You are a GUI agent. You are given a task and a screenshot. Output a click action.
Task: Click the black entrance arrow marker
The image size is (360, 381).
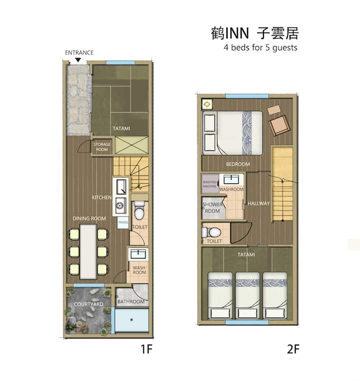(77, 60)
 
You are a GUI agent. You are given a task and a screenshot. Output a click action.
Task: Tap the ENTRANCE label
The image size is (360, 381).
(79, 52)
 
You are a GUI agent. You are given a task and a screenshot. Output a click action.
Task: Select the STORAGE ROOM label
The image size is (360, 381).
(102, 147)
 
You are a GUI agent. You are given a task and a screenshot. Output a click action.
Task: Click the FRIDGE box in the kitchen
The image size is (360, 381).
(123, 222)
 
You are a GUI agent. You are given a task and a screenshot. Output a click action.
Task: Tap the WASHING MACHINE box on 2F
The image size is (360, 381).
(210, 184)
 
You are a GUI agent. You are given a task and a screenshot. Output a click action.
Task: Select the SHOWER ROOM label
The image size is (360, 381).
(212, 208)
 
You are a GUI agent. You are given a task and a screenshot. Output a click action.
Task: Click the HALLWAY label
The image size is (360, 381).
(258, 203)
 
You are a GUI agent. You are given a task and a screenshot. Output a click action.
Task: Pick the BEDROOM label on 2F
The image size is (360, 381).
(238, 164)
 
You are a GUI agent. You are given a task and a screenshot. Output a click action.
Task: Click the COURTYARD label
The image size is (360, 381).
(88, 304)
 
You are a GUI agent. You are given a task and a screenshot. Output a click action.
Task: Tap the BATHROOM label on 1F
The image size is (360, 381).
(131, 302)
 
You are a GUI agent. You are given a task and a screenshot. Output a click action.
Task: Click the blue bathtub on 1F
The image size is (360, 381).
(131, 320)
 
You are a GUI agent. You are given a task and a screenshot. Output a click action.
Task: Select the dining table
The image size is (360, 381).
(88, 251)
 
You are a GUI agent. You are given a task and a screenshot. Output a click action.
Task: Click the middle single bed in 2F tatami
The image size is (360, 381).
(247, 295)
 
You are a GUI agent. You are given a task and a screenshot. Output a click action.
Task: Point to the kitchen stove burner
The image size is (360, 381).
(120, 205)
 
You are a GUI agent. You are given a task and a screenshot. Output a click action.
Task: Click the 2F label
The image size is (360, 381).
(293, 349)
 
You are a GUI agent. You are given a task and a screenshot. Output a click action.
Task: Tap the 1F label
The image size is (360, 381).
(146, 349)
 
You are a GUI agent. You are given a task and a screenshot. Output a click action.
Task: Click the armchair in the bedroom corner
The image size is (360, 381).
(279, 125)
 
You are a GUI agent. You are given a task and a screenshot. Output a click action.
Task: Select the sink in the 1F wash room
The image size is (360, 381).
(138, 254)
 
